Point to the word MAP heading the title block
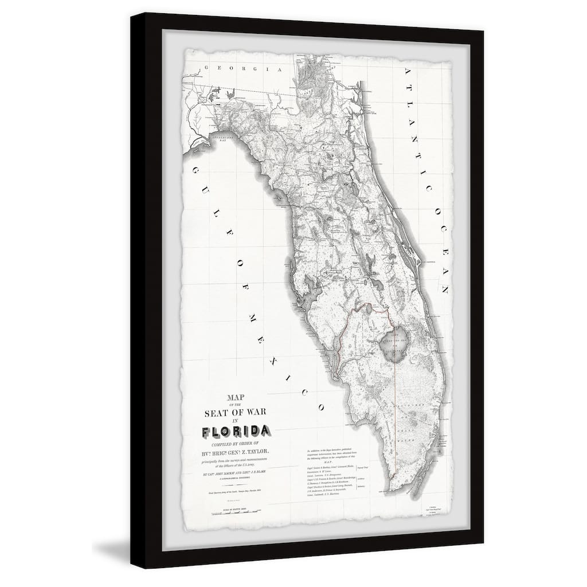(x=240, y=395)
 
